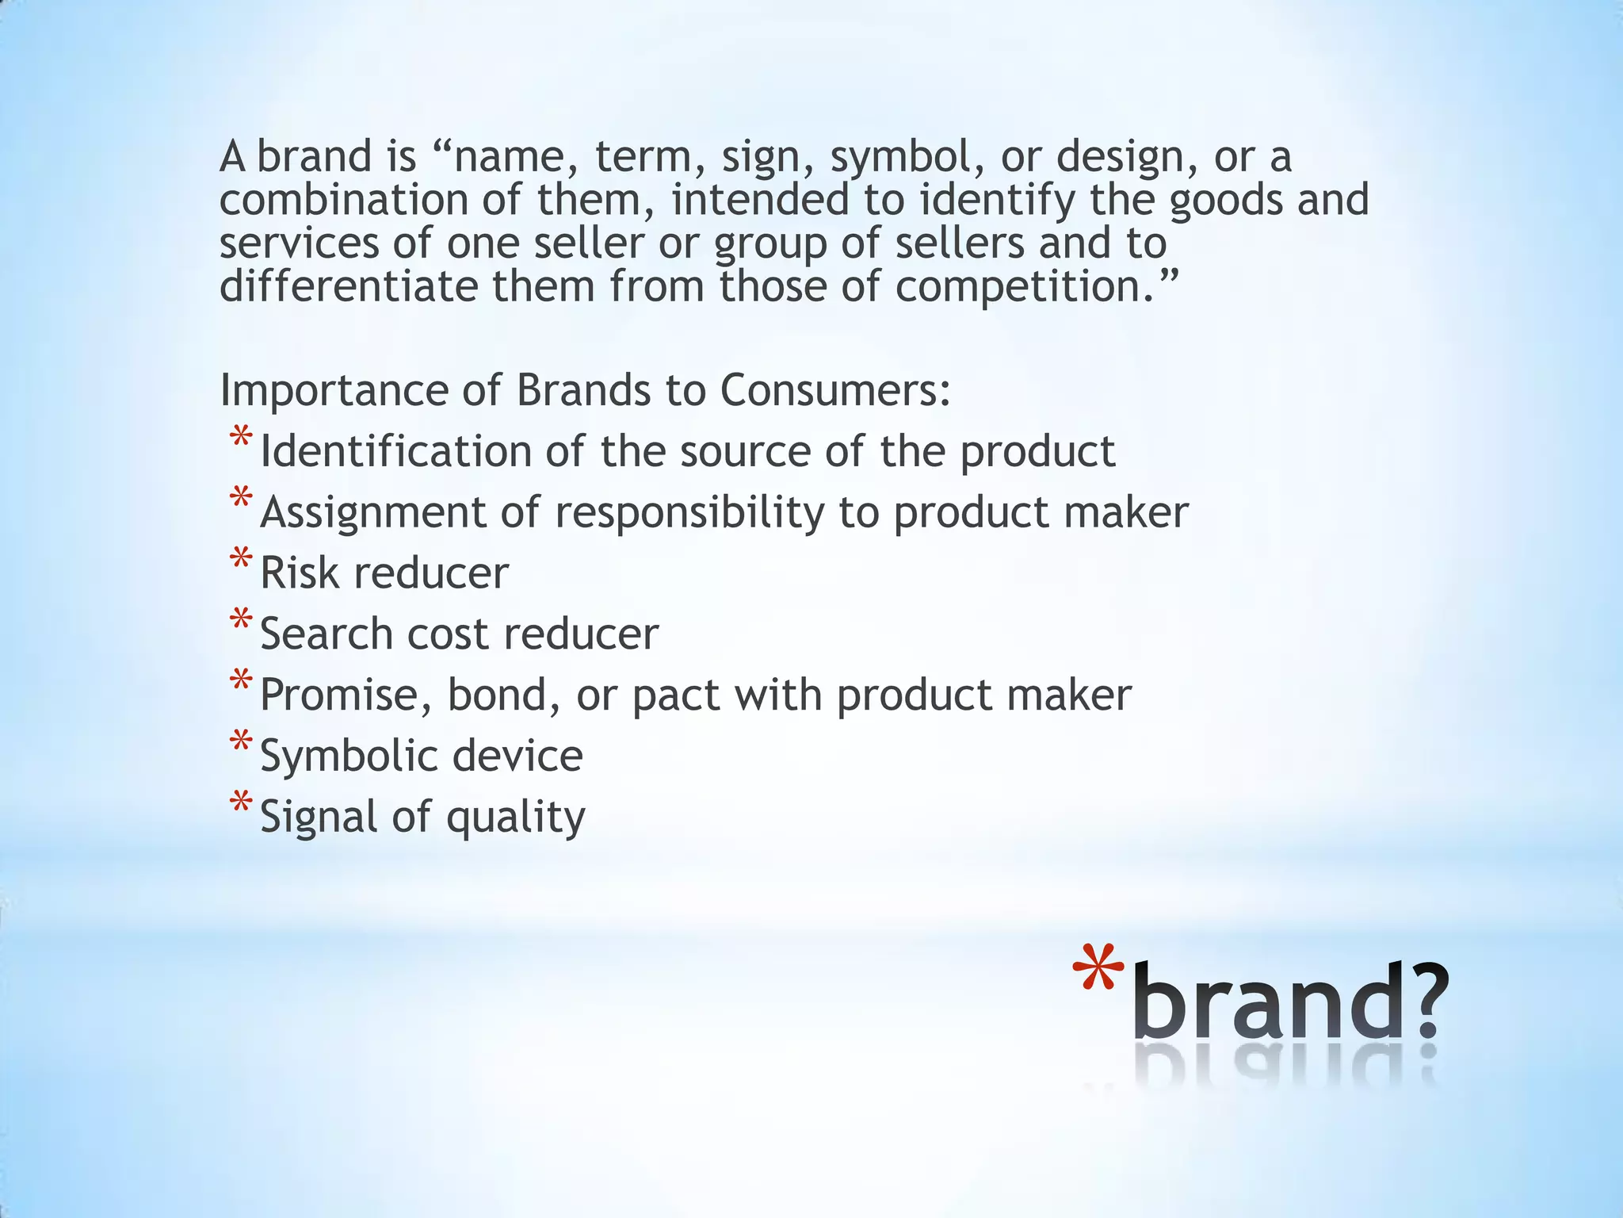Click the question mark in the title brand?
pos(1423,1001)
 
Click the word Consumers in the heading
pos(834,390)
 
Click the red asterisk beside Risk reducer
pos(240,560)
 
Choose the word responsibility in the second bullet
pos(689,514)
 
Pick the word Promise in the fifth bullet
pos(346,695)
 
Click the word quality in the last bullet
pos(515,818)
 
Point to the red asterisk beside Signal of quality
pos(240,803)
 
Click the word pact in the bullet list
pos(676,695)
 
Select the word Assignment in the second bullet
pos(372,514)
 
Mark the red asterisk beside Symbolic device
pos(240,742)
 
